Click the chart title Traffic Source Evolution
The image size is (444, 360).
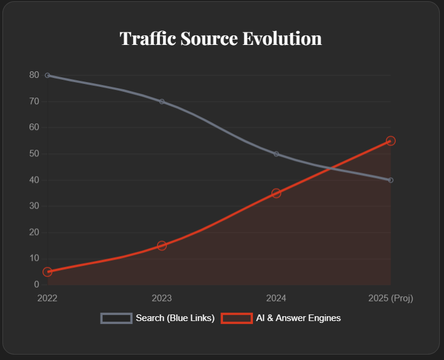(221, 38)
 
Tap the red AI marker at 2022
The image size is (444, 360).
(47, 271)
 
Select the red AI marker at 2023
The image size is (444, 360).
(162, 246)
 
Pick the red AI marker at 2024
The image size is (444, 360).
(276, 193)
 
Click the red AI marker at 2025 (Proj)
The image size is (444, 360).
(391, 141)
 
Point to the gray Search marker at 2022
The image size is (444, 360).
(47, 75)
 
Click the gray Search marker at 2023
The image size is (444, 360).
(162, 101)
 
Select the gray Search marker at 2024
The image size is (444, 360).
(276, 154)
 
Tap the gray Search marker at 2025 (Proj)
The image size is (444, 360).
(391, 180)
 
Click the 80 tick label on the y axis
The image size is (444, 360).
(34, 75)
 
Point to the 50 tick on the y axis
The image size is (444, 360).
(34, 154)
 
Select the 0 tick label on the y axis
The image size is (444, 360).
(36, 285)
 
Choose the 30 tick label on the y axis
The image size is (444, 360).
(34, 206)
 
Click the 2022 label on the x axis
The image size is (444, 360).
(47, 298)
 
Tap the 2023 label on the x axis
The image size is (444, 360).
(162, 298)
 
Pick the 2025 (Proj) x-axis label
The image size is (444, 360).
(391, 298)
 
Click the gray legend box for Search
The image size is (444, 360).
(116, 318)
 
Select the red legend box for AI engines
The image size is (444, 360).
(237, 318)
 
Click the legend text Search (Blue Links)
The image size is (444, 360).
(175, 318)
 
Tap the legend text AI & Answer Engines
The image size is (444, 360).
(298, 318)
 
